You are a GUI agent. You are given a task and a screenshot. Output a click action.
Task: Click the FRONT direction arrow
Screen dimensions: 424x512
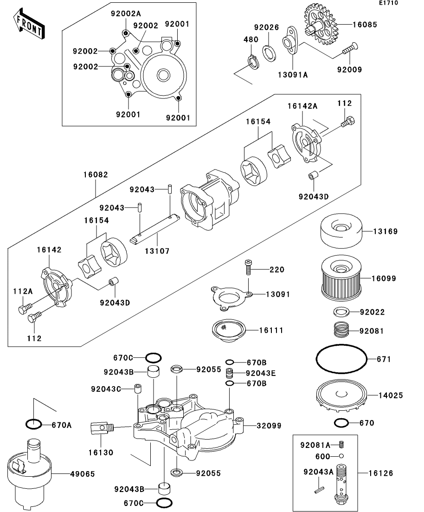coord(29,25)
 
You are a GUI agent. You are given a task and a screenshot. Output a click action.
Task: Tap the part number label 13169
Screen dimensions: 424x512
coord(385,231)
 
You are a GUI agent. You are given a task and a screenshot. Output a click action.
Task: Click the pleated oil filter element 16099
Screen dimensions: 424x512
coord(341,278)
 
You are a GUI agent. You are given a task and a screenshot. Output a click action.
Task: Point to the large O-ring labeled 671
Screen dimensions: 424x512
coord(341,359)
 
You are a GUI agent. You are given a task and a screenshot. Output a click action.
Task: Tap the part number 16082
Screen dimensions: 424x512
coord(95,175)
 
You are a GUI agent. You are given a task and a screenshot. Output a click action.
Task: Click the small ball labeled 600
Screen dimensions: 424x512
coord(341,456)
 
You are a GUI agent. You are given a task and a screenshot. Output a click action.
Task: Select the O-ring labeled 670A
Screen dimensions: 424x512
coord(33,424)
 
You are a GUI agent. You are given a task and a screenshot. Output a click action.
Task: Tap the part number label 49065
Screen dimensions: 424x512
coord(83,474)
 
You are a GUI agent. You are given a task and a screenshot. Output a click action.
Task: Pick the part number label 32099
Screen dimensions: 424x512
coord(269,426)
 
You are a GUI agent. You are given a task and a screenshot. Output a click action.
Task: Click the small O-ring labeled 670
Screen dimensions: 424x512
coord(341,423)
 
